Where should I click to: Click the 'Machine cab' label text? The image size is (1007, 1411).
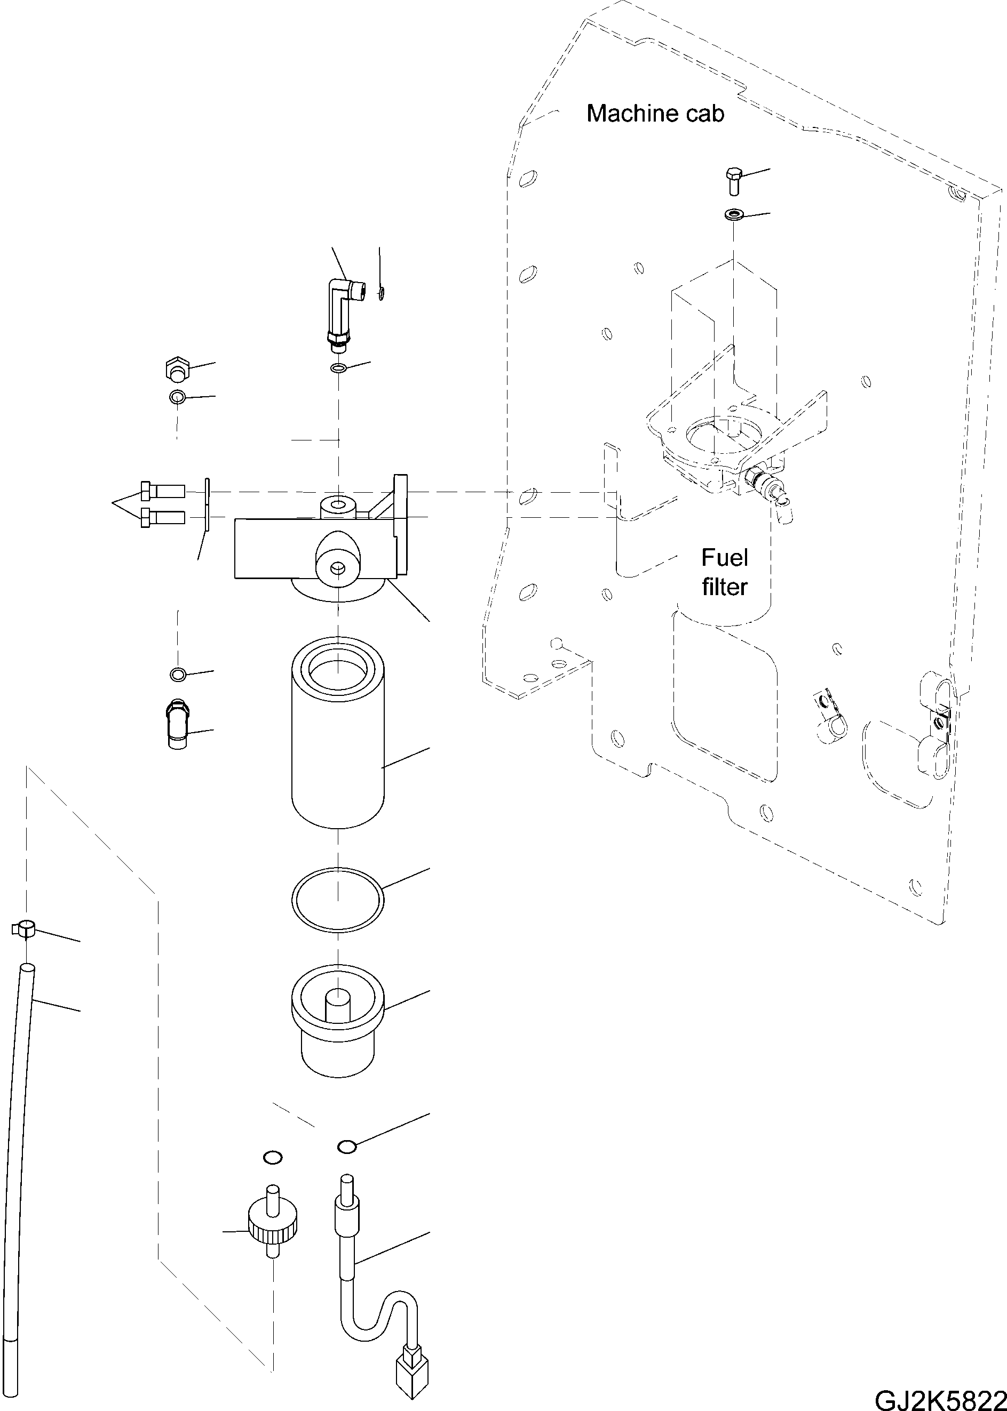point(655,114)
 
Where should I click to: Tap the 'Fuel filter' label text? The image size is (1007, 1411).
point(724,572)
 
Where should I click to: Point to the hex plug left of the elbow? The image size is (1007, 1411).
point(176,368)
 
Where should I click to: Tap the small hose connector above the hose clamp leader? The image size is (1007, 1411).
point(177,724)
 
